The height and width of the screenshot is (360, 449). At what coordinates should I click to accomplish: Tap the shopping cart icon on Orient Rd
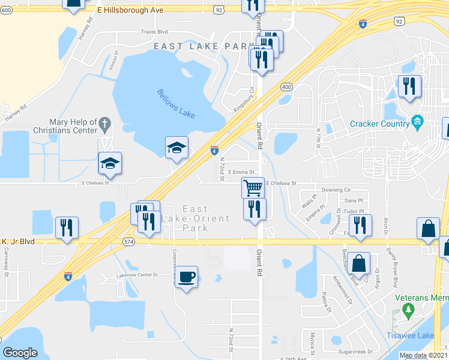(x=253, y=188)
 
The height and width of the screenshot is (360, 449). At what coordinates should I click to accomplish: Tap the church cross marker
(x=105, y=125)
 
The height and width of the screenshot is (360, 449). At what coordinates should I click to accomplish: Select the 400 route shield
(x=286, y=87)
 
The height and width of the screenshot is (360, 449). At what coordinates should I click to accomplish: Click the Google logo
(x=20, y=352)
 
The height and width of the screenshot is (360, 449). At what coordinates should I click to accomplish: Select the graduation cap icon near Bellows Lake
(x=177, y=147)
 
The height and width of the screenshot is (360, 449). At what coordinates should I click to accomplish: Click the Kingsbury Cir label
(x=245, y=98)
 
